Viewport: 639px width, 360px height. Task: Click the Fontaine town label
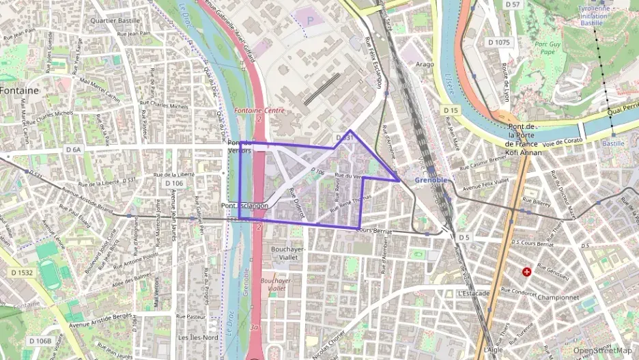click(19, 90)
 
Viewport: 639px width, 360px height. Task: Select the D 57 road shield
click(512, 5)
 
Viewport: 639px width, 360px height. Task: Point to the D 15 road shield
click(450, 110)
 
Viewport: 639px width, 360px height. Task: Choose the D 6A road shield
click(73, 149)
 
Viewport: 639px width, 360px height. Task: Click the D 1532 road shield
click(21, 272)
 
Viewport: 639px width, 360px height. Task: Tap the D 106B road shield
click(40, 340)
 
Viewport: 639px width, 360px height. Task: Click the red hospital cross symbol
click(526, 272)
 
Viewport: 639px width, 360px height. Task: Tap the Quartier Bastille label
click(110, 20)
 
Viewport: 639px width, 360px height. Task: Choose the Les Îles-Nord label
click(197, 337)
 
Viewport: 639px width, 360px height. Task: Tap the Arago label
click(425, 64)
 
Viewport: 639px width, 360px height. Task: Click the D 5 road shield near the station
click(465, 237)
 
